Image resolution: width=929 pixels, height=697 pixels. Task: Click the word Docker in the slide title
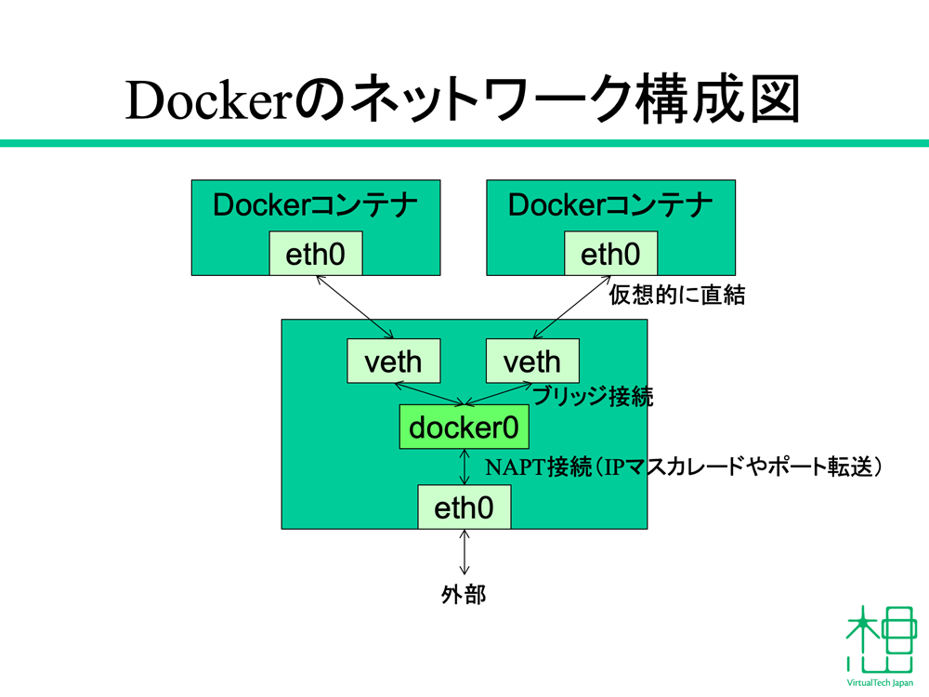[207, 100]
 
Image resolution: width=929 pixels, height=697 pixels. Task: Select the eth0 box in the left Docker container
[316, 253]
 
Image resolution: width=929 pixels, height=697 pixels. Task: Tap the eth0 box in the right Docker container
[611, 253]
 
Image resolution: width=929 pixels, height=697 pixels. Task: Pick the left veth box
[393, 361]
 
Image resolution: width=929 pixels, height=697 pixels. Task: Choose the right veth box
[532, 361]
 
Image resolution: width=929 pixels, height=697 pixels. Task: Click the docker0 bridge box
[464, 427]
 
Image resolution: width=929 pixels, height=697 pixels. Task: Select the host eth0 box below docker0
[464, 506]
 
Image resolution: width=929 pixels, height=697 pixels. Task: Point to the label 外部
[464, 595]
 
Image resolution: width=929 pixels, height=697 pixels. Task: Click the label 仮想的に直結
[677, 295]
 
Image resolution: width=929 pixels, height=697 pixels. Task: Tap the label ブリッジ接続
[593, 397]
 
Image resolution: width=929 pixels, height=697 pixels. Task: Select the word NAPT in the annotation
[516, 467]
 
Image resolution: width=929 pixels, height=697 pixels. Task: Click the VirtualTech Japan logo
[881, 646]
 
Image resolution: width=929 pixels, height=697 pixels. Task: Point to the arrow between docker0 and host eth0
[464, 467]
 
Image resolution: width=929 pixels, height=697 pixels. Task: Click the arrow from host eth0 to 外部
[464, 552]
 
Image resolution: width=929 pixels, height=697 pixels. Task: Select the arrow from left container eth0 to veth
[355, 307]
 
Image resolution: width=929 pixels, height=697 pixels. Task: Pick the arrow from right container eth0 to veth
[571, 307]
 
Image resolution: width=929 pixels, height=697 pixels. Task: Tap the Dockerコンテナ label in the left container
[315, 205]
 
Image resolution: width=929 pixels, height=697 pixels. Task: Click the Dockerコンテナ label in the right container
[610, 205]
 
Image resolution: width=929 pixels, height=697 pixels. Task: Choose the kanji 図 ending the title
[776, 99]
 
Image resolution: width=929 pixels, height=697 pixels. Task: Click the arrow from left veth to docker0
[429, 394]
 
